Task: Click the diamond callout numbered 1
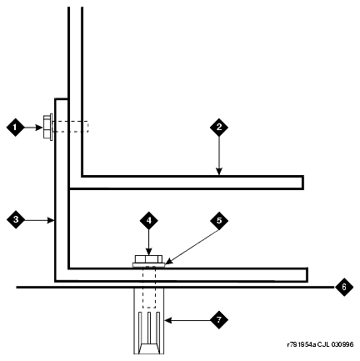coord(16,128)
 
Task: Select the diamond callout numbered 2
coord(219,128)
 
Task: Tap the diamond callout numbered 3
coord(16,220)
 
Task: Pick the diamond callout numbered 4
coord(149,220)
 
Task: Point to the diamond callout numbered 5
coord(219,220)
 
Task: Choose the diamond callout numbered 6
coord(344,287)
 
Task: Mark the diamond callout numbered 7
coord(219,320)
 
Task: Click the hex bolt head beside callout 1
coord(47,128)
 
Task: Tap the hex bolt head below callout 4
coord(148,259)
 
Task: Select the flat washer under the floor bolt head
coord(148,265)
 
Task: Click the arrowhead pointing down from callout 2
coord(219,172)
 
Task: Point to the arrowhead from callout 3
coord(51,220)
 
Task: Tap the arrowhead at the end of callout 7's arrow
coord(168,320)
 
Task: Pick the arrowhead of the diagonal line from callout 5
coord(169,261)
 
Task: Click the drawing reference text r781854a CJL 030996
coord(320,344)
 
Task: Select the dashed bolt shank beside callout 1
coord(71,127)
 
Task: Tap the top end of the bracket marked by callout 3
coord(62,99)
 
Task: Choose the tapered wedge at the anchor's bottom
coord(149,348)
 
